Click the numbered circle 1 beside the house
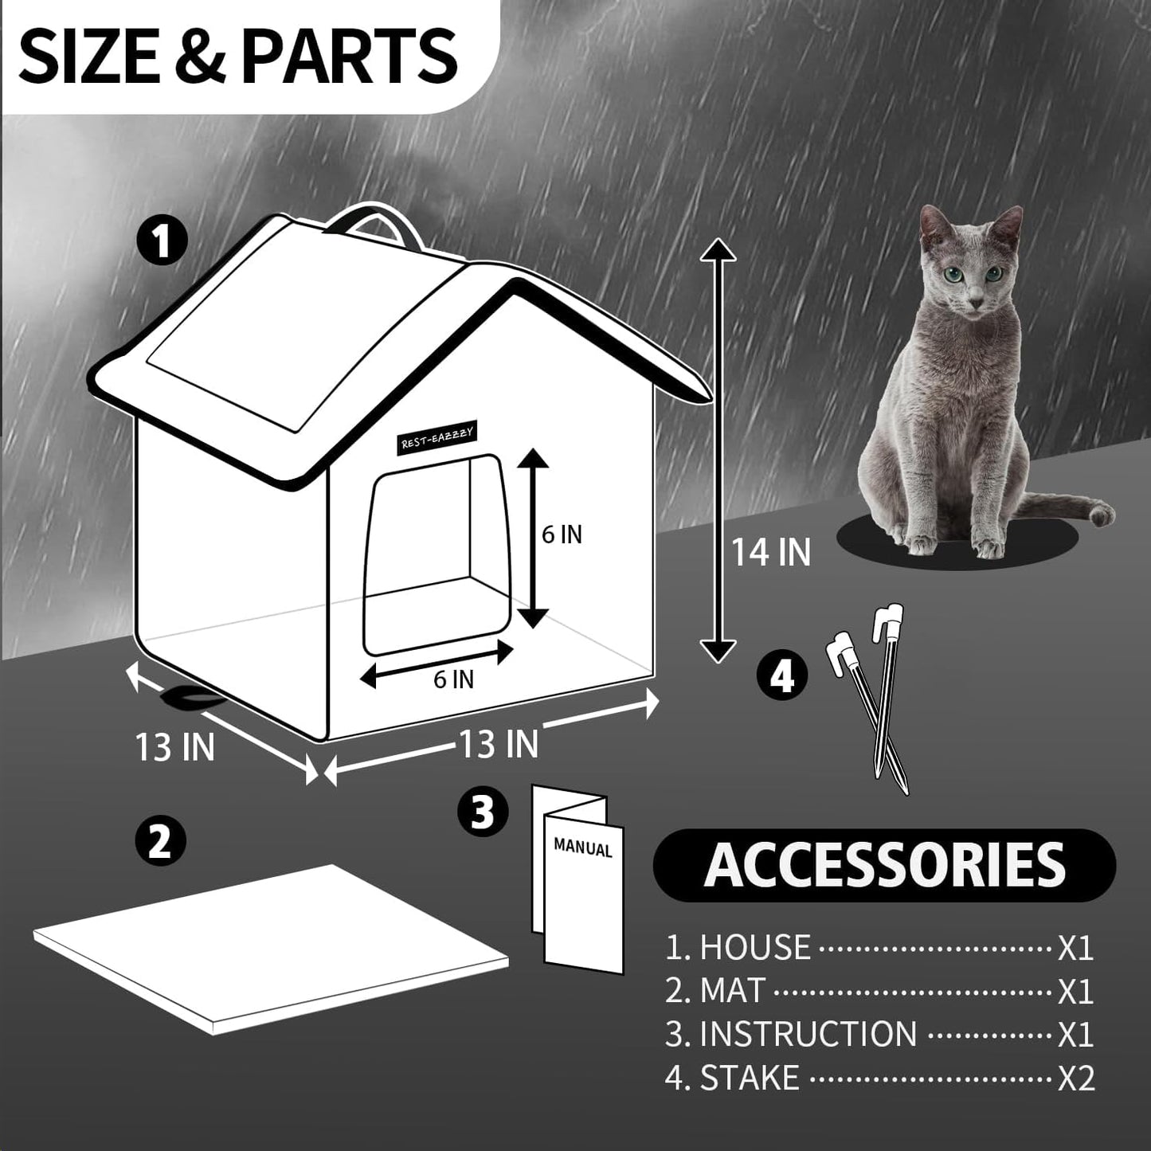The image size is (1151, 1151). [162, 241]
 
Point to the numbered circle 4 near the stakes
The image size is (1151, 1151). [782, 676]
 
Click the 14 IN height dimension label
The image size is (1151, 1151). [770, 552]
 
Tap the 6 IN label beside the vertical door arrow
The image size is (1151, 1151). [562, 534]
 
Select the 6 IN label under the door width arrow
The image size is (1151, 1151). [453, 679]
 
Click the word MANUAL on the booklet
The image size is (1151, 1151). [583, 848]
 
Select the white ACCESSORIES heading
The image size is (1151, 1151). [884, 865]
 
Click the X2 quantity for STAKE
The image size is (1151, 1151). [1076, 1079]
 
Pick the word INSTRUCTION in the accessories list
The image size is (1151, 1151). [808, 1034]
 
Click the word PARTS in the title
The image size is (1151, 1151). [349, 56]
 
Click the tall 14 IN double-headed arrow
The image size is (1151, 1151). [718, 450]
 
